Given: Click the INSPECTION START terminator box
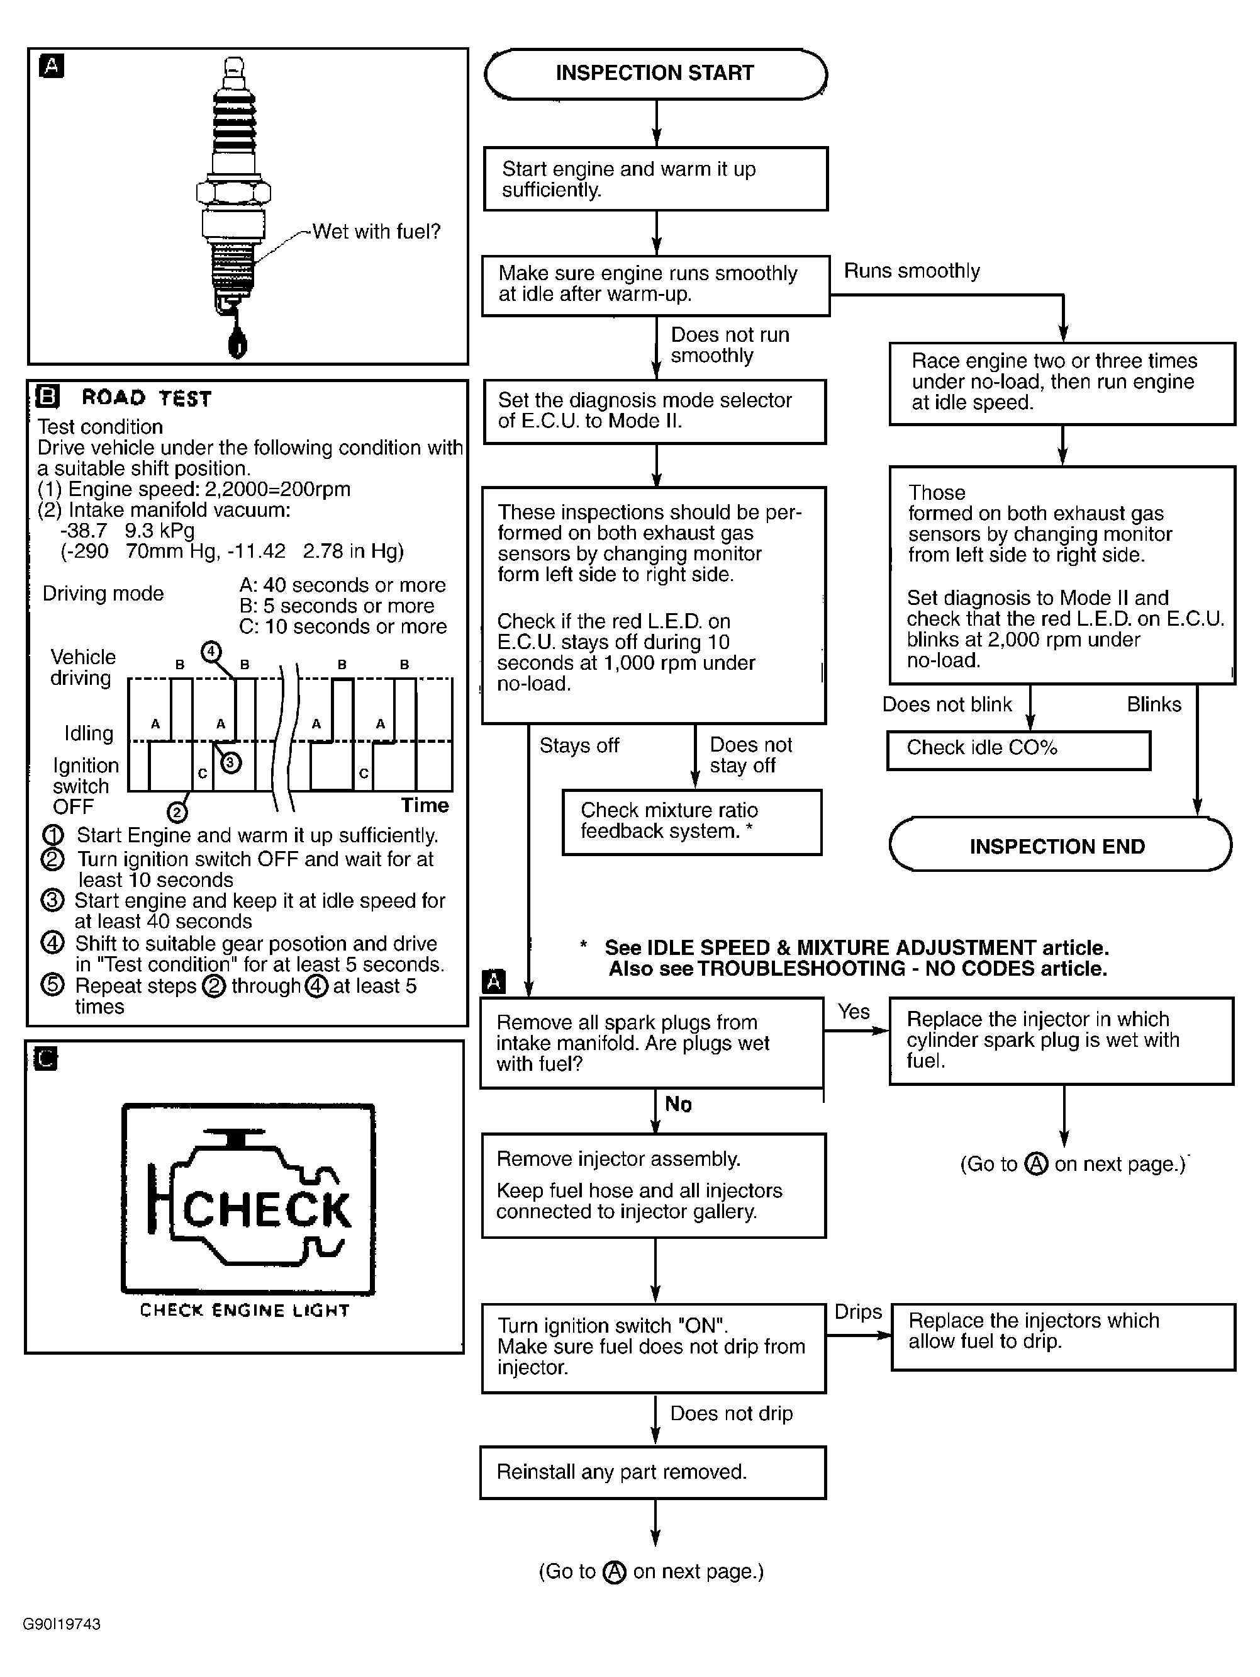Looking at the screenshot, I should coord(655,74).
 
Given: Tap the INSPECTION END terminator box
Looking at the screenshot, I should coord(1059,845).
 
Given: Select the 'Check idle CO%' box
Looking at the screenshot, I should coord(1018,749).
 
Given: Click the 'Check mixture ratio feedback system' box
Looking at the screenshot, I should coord(691,822).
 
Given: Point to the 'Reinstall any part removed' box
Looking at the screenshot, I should coord(652,1472).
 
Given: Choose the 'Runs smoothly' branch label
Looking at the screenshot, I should coord(912,271).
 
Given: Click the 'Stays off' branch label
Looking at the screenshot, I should coord(579,745).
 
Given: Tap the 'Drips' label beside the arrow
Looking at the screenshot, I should coord(857,1313).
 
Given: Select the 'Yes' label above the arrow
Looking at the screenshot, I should coord(854,1012).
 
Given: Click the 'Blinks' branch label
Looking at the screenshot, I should coord(1153,704).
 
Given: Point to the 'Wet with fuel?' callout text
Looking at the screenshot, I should coord(376,231).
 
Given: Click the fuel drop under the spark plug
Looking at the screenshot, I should coord(238,344).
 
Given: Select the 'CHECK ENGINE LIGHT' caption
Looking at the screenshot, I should coord(245,1311).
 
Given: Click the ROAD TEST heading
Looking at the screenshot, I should coord(146,398).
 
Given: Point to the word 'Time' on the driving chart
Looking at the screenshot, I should coord(424,805).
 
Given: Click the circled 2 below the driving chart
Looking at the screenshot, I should coord(177,813).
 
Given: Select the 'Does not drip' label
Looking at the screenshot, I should coord(731,1413).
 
